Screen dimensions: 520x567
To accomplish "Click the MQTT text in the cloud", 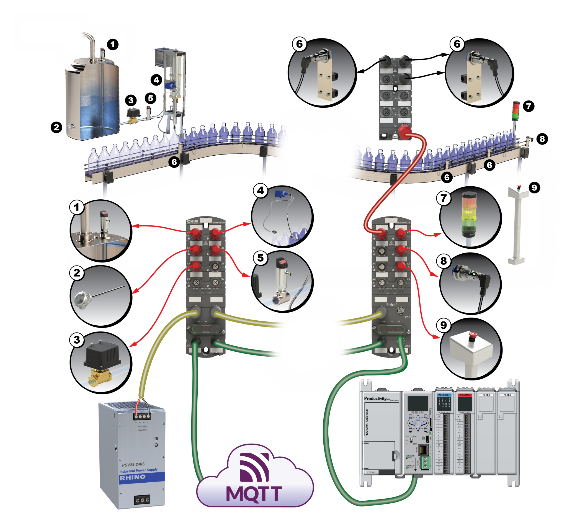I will (254, 493).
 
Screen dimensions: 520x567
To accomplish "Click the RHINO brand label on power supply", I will (133, 478).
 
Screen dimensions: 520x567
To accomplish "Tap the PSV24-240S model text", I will (133, 464).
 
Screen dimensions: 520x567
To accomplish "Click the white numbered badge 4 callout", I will (261, 191).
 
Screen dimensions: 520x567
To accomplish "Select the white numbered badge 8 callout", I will (444, 261).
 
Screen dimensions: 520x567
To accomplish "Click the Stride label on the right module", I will (391, 305).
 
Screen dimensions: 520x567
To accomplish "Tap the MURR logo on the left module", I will (192, 222).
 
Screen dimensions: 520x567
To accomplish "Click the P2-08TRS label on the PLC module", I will (465, 395).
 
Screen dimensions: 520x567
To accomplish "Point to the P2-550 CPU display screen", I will (418, 403).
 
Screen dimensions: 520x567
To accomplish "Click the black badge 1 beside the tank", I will (113, 45).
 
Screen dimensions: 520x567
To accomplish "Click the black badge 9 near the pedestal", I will (534, 187).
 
